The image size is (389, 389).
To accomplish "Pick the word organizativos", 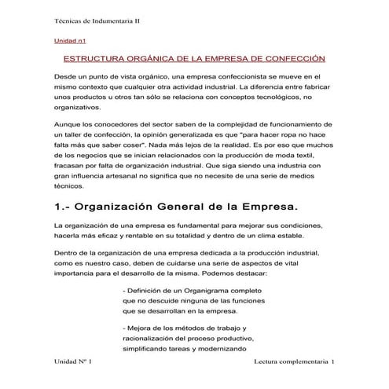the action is (x=77, y=107).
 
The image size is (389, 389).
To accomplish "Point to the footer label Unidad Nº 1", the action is (x=72, y=362).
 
